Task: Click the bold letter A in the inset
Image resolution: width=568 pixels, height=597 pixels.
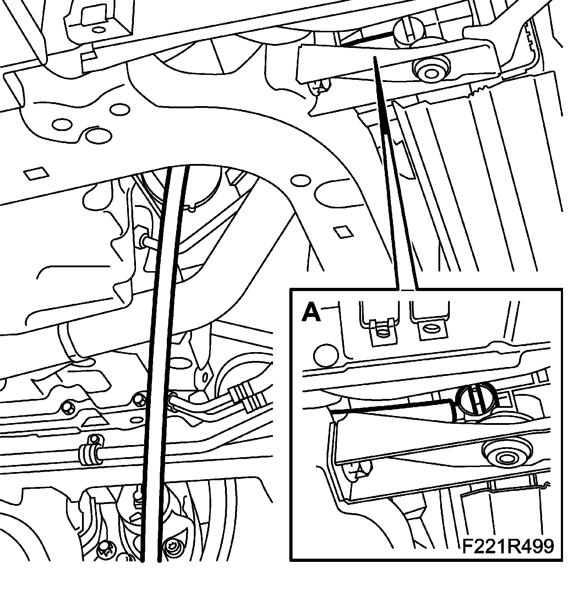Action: [311, 313]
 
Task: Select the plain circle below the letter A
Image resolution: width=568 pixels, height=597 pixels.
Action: [326, 355]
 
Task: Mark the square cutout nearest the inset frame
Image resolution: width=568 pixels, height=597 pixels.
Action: [343, 232]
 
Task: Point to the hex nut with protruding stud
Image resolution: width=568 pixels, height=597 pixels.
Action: [146, 241]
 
